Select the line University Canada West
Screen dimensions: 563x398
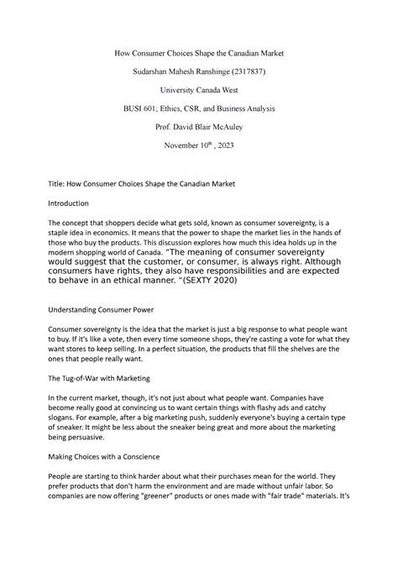[198, 98]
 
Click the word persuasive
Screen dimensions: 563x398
[87, 439]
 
